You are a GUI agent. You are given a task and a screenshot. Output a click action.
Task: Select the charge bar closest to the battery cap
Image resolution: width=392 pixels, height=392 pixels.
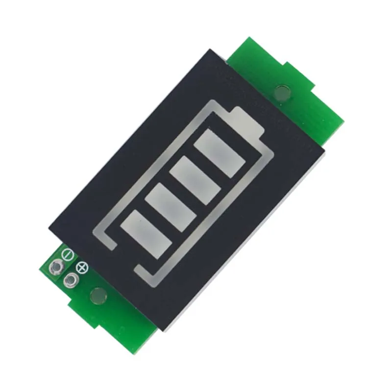pyautogui.click(x=220, y=151)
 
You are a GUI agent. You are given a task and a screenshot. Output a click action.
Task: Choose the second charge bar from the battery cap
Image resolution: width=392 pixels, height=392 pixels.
pyautogui.click(x=196, y=176)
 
